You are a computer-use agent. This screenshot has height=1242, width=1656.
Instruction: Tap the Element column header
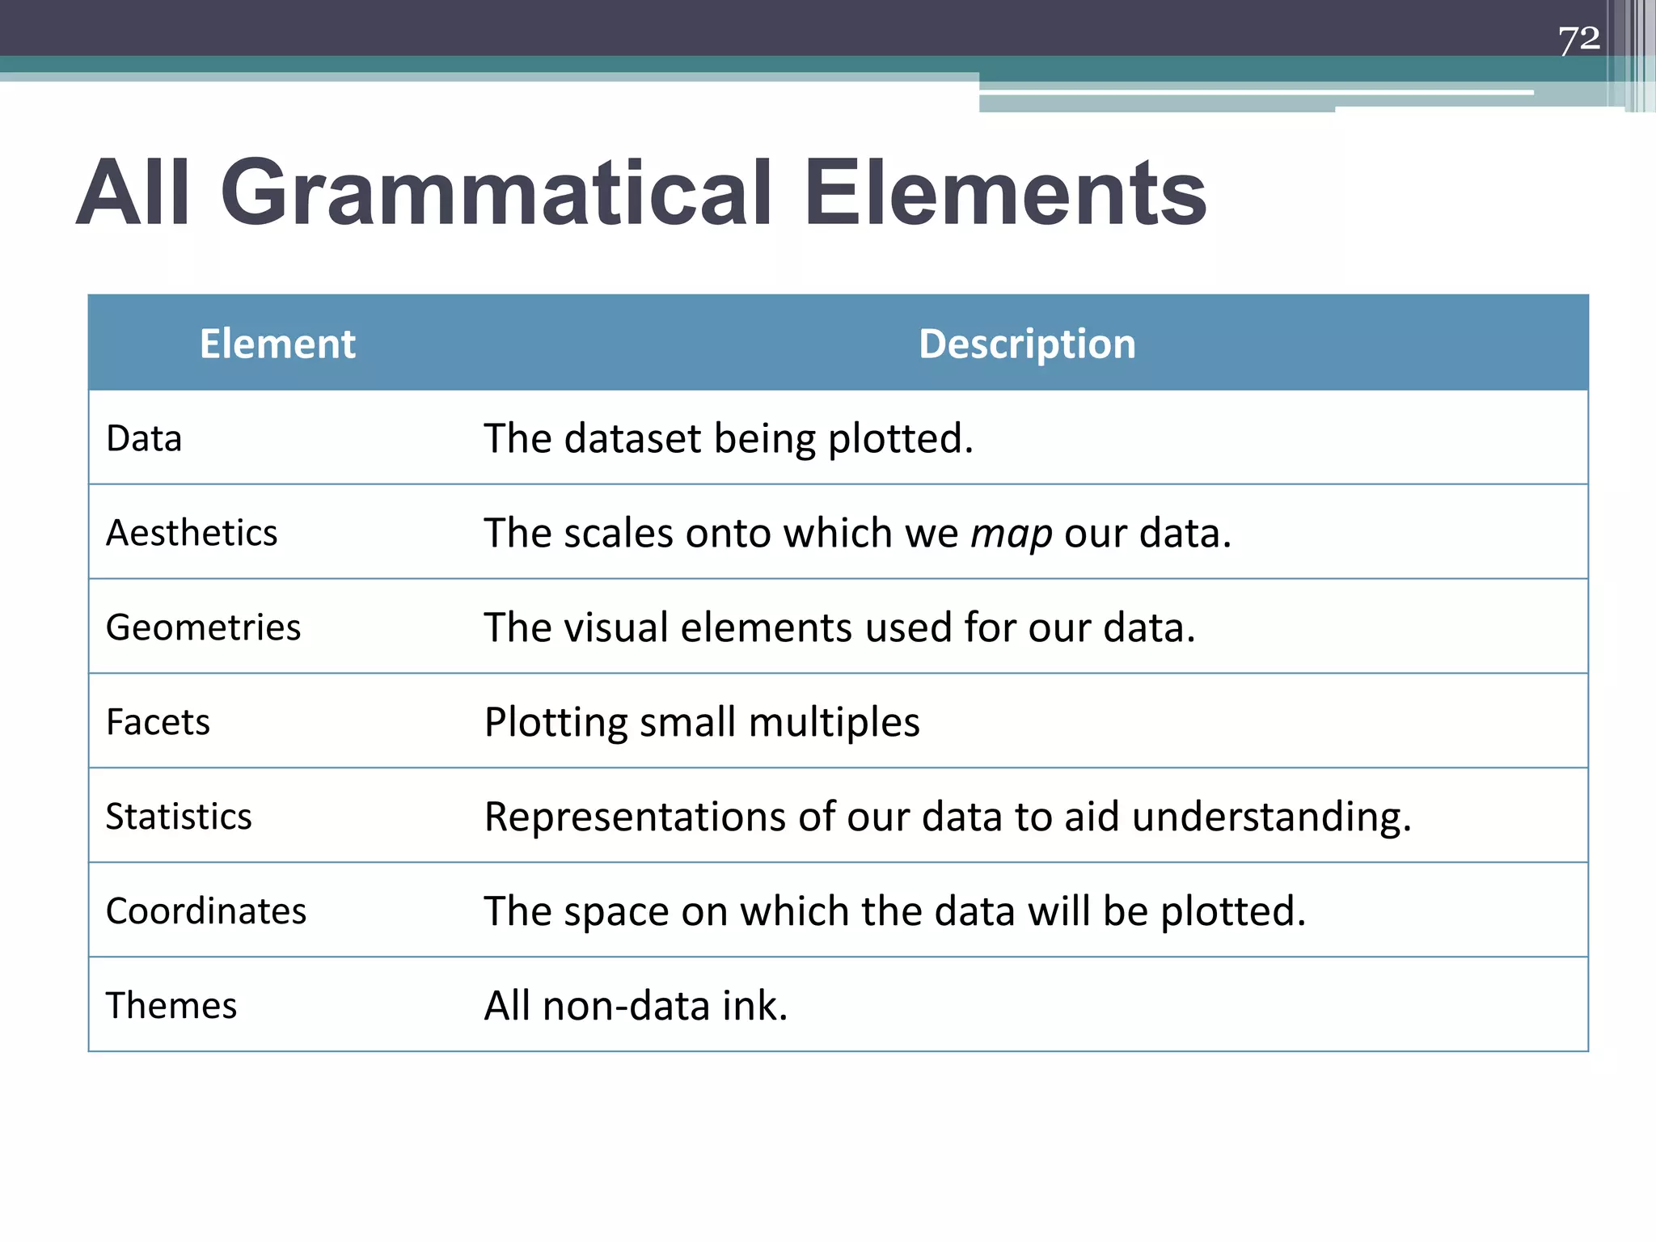pos(277,344)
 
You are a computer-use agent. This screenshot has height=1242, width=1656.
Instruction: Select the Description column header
pos(1027,344)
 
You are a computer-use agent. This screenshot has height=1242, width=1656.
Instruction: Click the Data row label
pos(144,439)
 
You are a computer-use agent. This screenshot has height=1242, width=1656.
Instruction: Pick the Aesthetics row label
pos(192,534)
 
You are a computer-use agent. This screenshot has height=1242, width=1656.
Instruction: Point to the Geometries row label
pos(203,628)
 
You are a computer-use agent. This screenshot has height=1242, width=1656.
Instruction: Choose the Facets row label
pos(158,722)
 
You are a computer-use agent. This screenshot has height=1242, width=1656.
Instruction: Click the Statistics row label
pos(179,817)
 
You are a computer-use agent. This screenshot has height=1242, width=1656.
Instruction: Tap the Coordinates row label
pos(206,911)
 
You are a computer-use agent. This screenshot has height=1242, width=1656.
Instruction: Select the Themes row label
pos(171,1006)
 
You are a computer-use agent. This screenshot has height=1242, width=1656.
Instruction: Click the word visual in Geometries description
pos(616,628)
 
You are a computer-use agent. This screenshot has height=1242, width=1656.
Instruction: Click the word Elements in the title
pos(1005,194)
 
